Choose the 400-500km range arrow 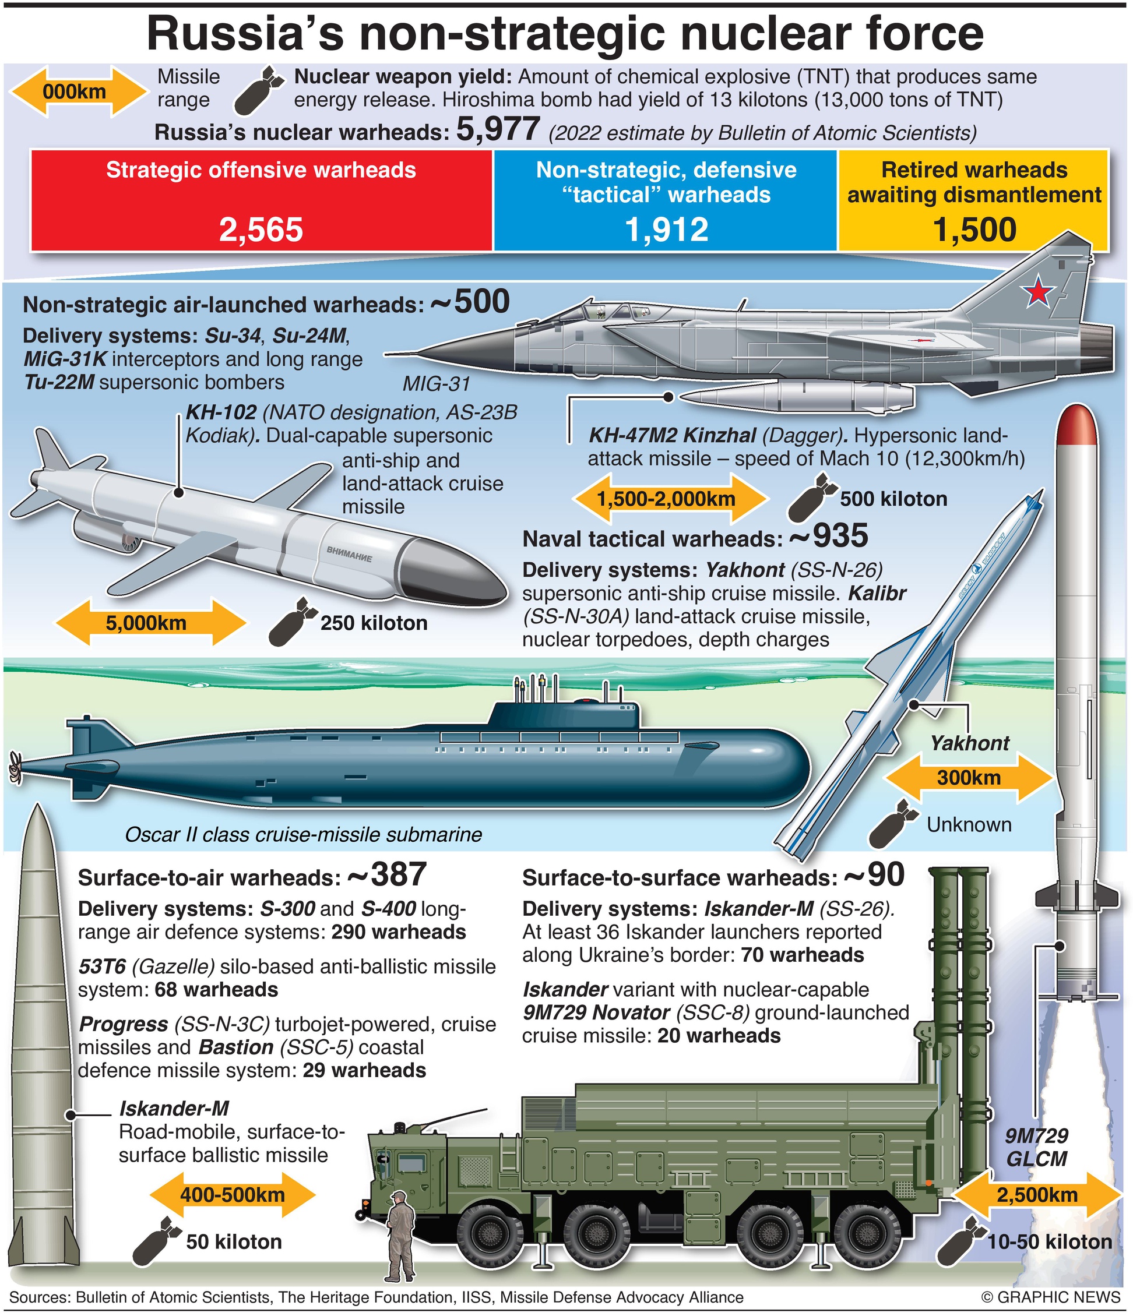(x=233, y=1195)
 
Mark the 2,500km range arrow (x=1037, y=1195)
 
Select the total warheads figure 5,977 (x=498, y=130)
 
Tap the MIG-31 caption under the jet (x=436, y=384)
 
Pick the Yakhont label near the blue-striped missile (x=969, y=743)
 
